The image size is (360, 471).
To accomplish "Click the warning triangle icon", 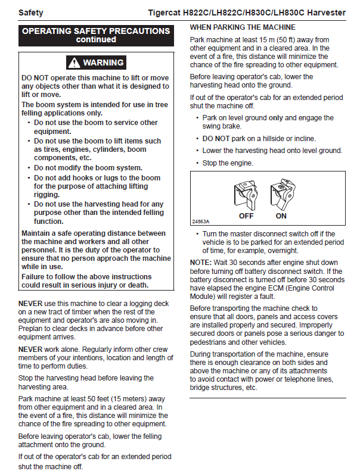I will coord(74,63).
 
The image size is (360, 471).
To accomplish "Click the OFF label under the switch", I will coord(246,216).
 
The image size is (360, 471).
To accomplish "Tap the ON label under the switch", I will coord(281,216).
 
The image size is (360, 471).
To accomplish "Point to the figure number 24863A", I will coord(200,222).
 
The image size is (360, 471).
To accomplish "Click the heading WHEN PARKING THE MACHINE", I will coord(243,27).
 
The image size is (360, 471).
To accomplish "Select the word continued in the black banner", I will coord(96,40).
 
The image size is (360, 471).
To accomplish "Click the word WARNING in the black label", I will coord(103,63).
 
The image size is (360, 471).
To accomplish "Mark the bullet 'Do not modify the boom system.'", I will coord(88,168).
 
